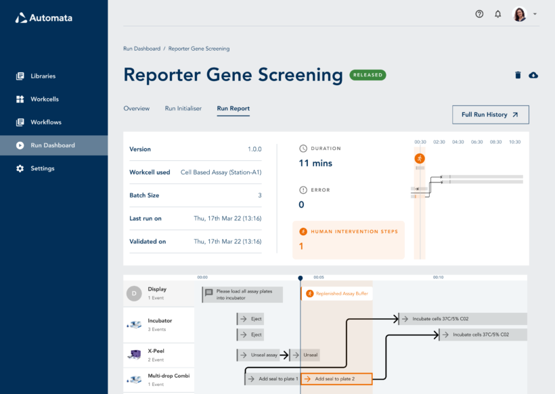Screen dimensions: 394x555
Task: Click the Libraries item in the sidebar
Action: (43, 76)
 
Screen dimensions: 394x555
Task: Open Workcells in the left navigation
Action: (44, 99)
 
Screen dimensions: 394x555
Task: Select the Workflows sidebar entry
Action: (45, 122)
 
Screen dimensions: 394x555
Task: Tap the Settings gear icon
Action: (20, 168)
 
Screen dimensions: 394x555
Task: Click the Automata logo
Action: (44, 18)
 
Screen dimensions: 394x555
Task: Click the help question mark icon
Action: (479, 14)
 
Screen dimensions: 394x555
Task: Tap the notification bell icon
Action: (498, 14)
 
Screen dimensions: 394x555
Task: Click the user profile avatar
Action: (520, 14)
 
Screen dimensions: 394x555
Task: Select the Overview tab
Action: (136, 108)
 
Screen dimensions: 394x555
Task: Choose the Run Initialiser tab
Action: (183, 108)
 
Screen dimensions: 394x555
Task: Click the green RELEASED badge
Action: (368, 75)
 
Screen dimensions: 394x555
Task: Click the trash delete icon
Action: (518, 75)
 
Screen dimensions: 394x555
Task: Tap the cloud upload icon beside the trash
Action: (533, 75)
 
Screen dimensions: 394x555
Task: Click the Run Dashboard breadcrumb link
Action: (141, 49)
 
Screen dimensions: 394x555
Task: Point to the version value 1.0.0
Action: (254, 149)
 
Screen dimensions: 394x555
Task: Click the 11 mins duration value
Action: (315, 163)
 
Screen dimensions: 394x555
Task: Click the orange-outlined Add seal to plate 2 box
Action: (336, 379)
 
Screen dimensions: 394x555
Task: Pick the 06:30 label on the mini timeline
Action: (476, 142)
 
